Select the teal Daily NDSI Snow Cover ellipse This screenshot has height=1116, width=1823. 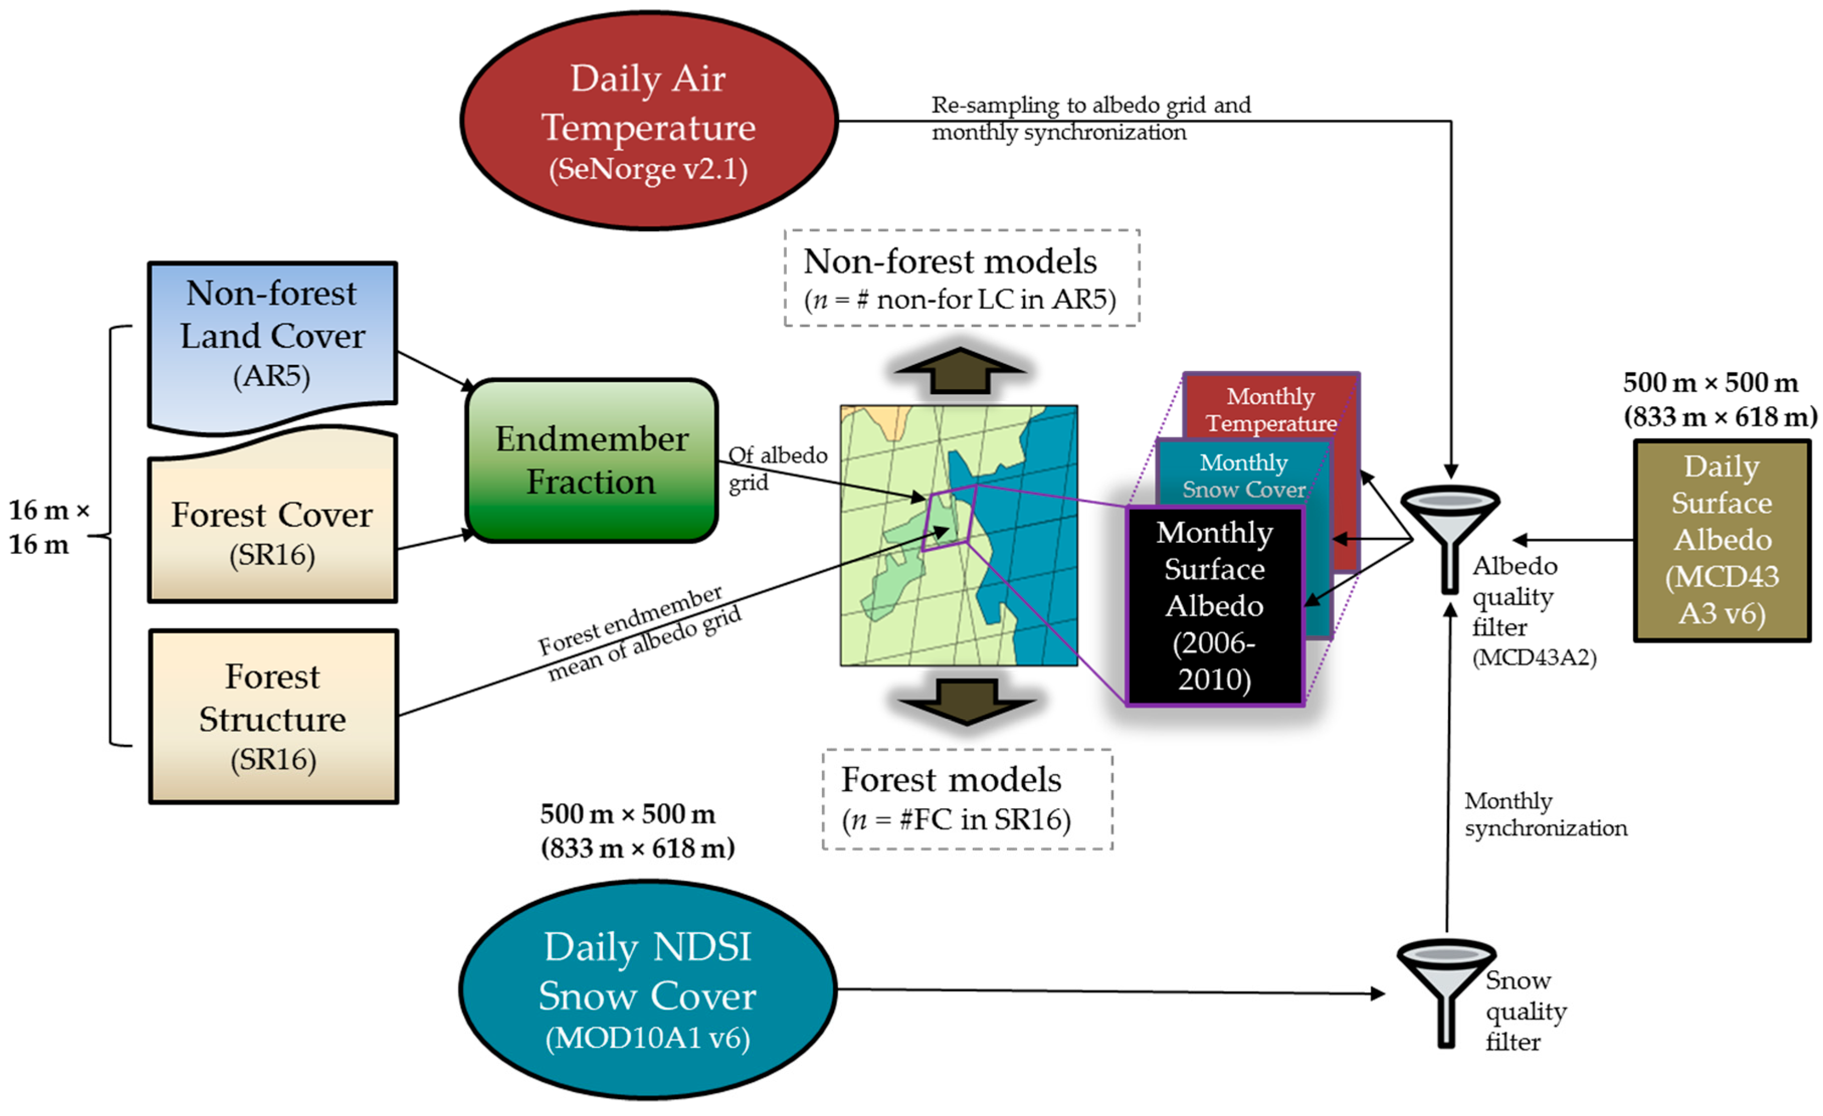point(648,989)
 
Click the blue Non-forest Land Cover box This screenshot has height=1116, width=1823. point(272,337)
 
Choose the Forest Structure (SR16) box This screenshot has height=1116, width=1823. point(273,716)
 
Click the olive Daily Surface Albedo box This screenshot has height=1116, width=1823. point(1721,540)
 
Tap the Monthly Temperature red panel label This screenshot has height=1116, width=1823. point(1271,409)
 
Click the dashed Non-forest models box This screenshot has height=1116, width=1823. point(961,278)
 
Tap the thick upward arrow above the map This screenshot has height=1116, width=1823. point(960,370)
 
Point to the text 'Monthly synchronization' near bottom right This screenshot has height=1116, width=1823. point(1545,814)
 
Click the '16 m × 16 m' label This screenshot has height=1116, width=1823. point(49,527)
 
